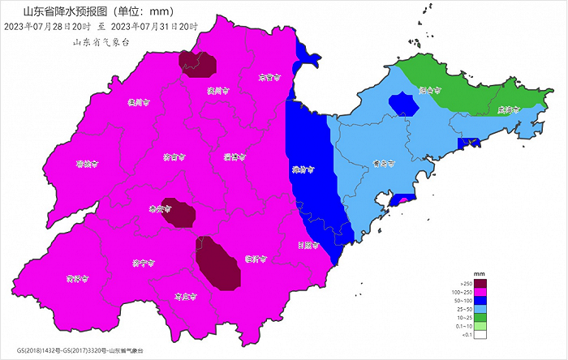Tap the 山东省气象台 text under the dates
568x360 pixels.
pyautogui.click(x=101, y=41)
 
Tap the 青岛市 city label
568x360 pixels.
pyautogui.click(x=383, y=163)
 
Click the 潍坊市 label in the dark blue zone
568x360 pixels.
pyautogui.click(x=303, y=170)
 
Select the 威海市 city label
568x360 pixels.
pyautogui.click(x=508, y=109)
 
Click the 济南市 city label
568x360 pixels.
pyautogui.click(x=173, y=156)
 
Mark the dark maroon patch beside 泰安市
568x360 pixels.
pyautogui.click(x=179, y=212)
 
